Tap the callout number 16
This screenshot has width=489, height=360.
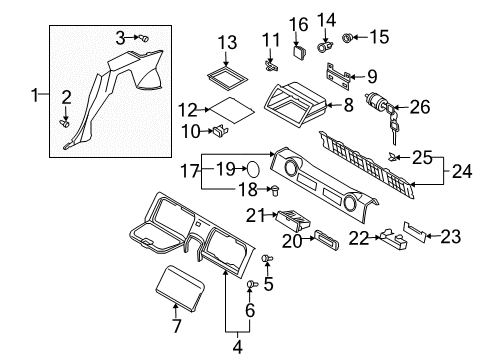pos(297,24)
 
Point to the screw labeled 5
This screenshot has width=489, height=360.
pos(267,260)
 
